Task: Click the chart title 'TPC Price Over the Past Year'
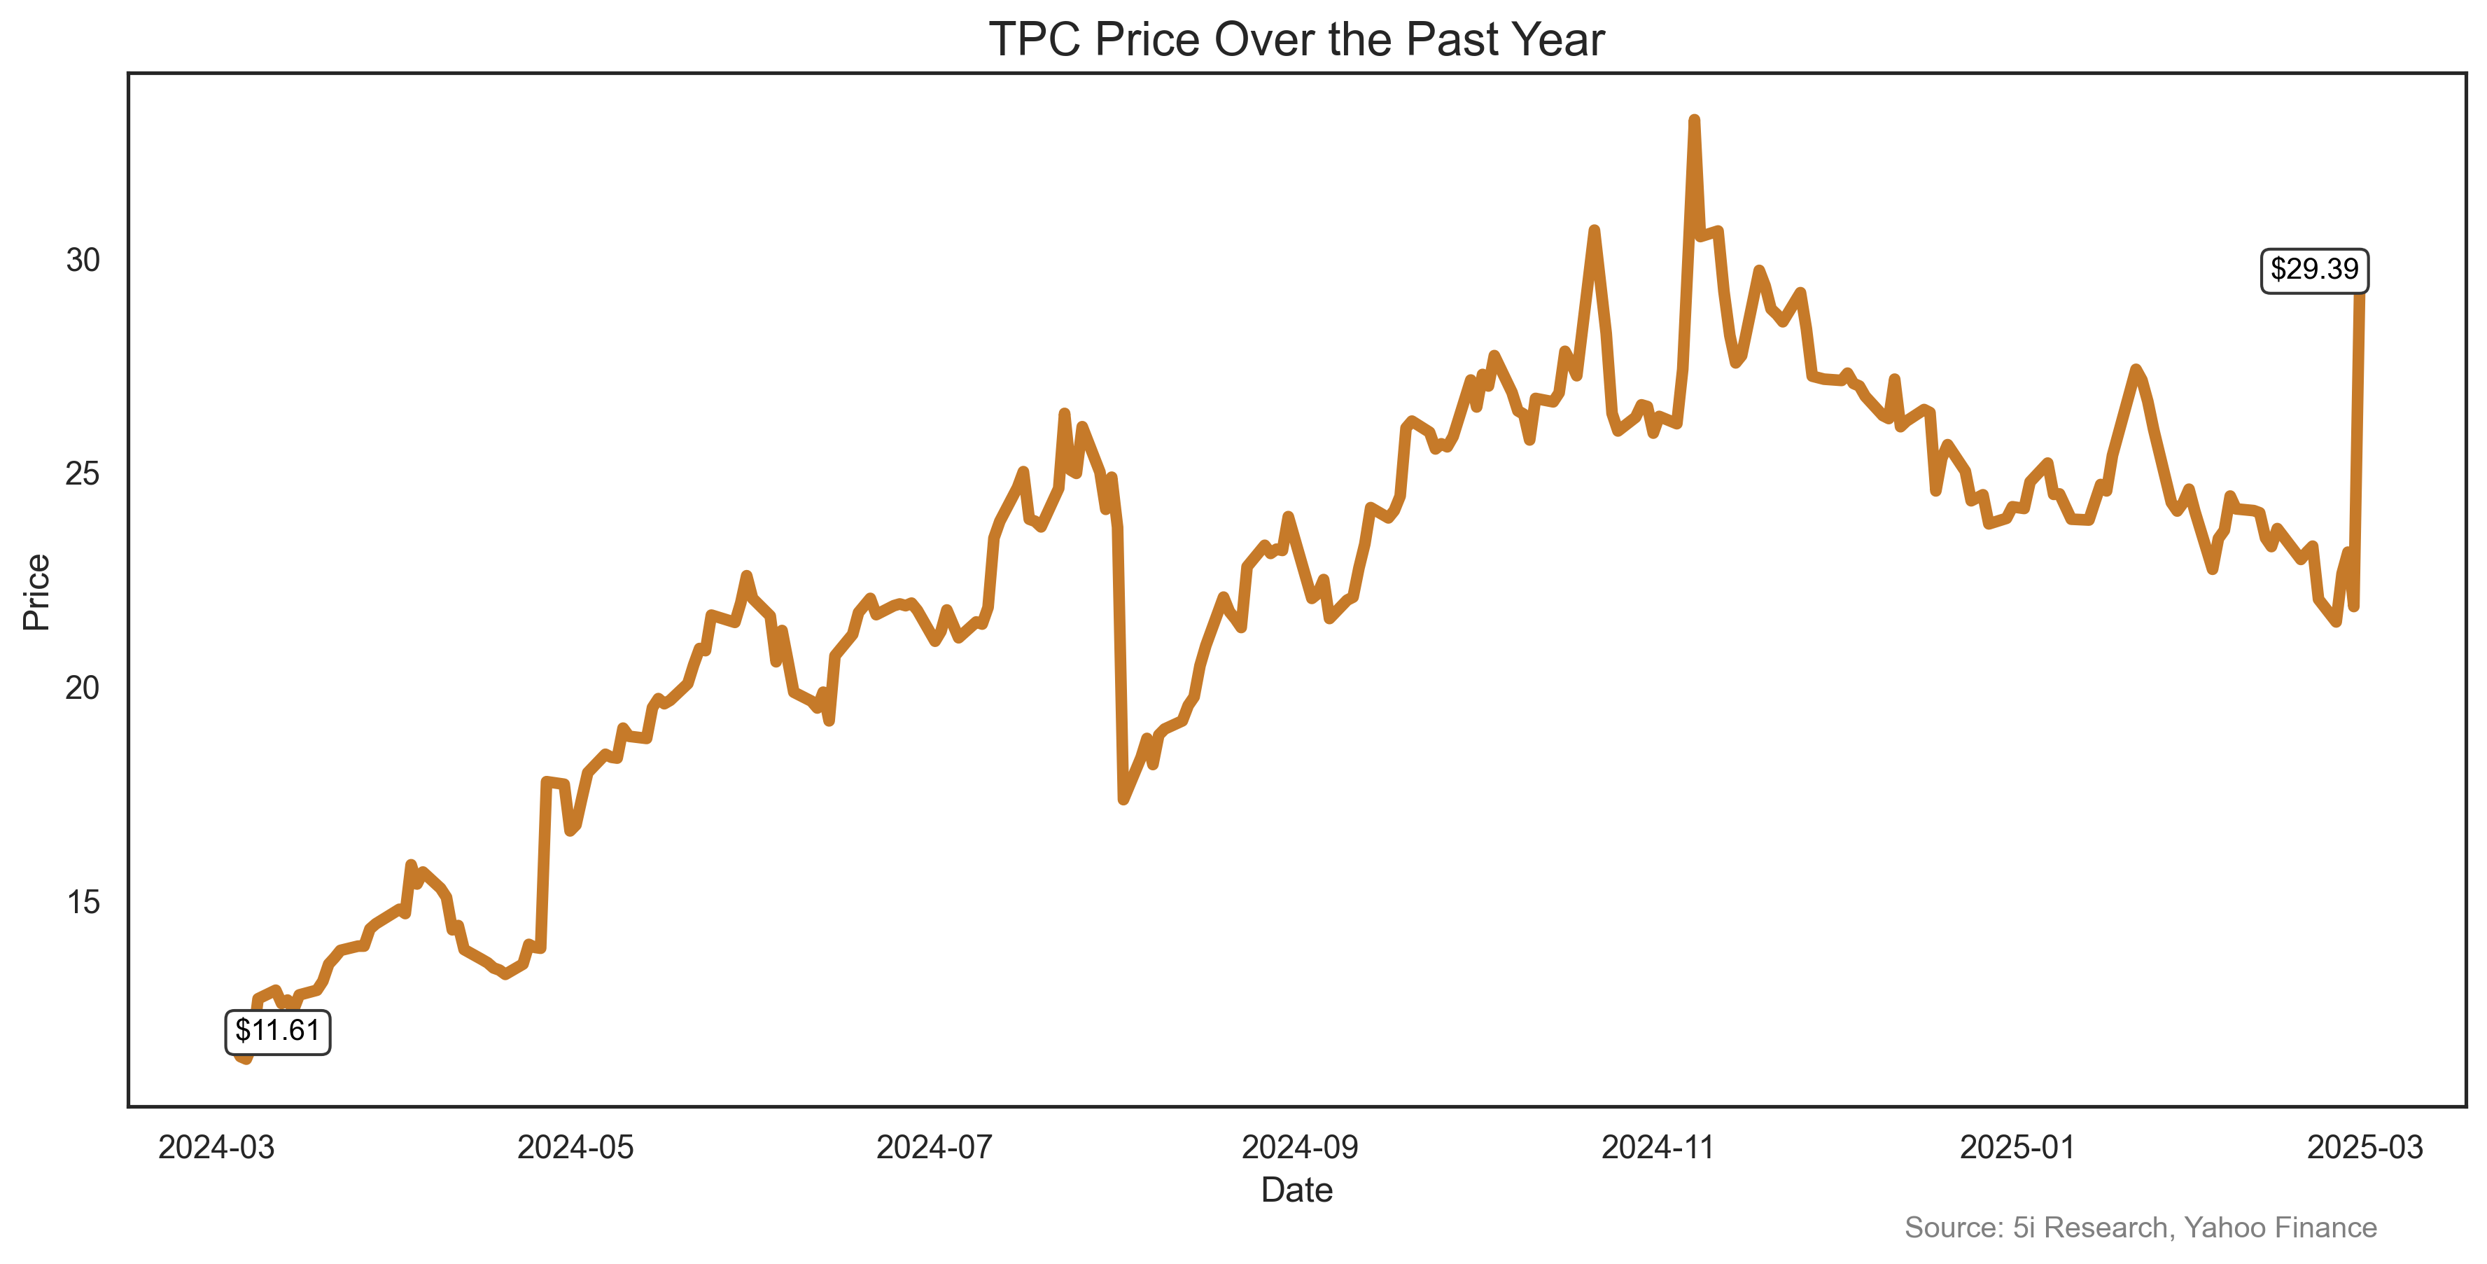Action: pyautogui.click(x=1296, y=41)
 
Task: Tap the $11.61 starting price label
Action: pyautogui.click(x=277, y=1032)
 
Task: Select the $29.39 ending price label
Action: pyautogui.click(x=2313, y=270)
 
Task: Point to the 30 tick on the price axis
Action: pyautogui.click(x=83, y=260)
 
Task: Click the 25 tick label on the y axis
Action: pyautogui.click(x=83, y=474)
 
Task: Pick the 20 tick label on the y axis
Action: pyautogui.click(x=83, y=688)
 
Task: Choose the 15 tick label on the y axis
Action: pyautogui.click(x=83, y=902)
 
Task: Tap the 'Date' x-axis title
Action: pyautogui.click(x=1296, y=1190)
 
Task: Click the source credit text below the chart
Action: pyautogui.click(x=2141, y=1228)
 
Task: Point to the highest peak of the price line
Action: pyautogui.click(x=1695, y=120)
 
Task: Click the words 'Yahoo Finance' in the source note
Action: pyautogui.click(x=2281, y=1228)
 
